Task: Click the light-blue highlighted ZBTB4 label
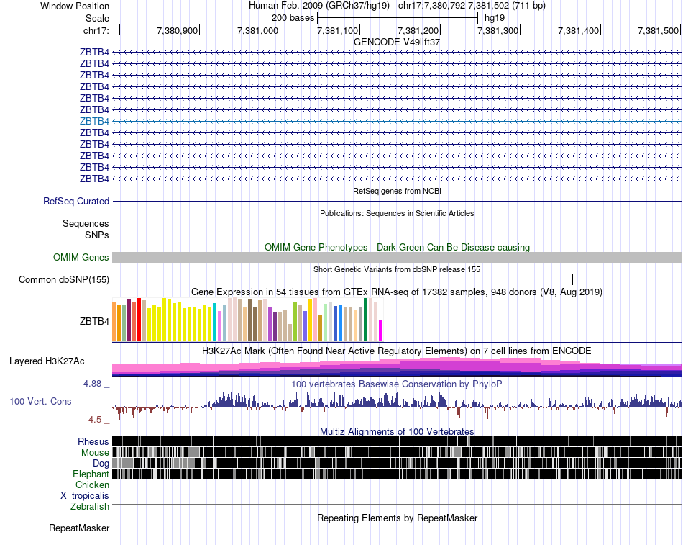(x=94, y=121)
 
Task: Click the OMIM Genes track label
(x=81, y=257)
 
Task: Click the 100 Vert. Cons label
(x=40, y=401)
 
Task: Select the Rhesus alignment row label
(x=93, y=441)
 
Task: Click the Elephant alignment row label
(x=91, y=474)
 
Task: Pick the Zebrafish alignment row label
(x=90, y=507)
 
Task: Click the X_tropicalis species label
(x=85, y=496)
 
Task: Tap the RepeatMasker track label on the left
(x=79, y=528)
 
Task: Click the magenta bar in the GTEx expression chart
(x=381, y=330)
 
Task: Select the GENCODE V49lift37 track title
(x=397, y=42)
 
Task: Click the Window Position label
(x=75, y=6)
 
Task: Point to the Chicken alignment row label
(x=92, y=485)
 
